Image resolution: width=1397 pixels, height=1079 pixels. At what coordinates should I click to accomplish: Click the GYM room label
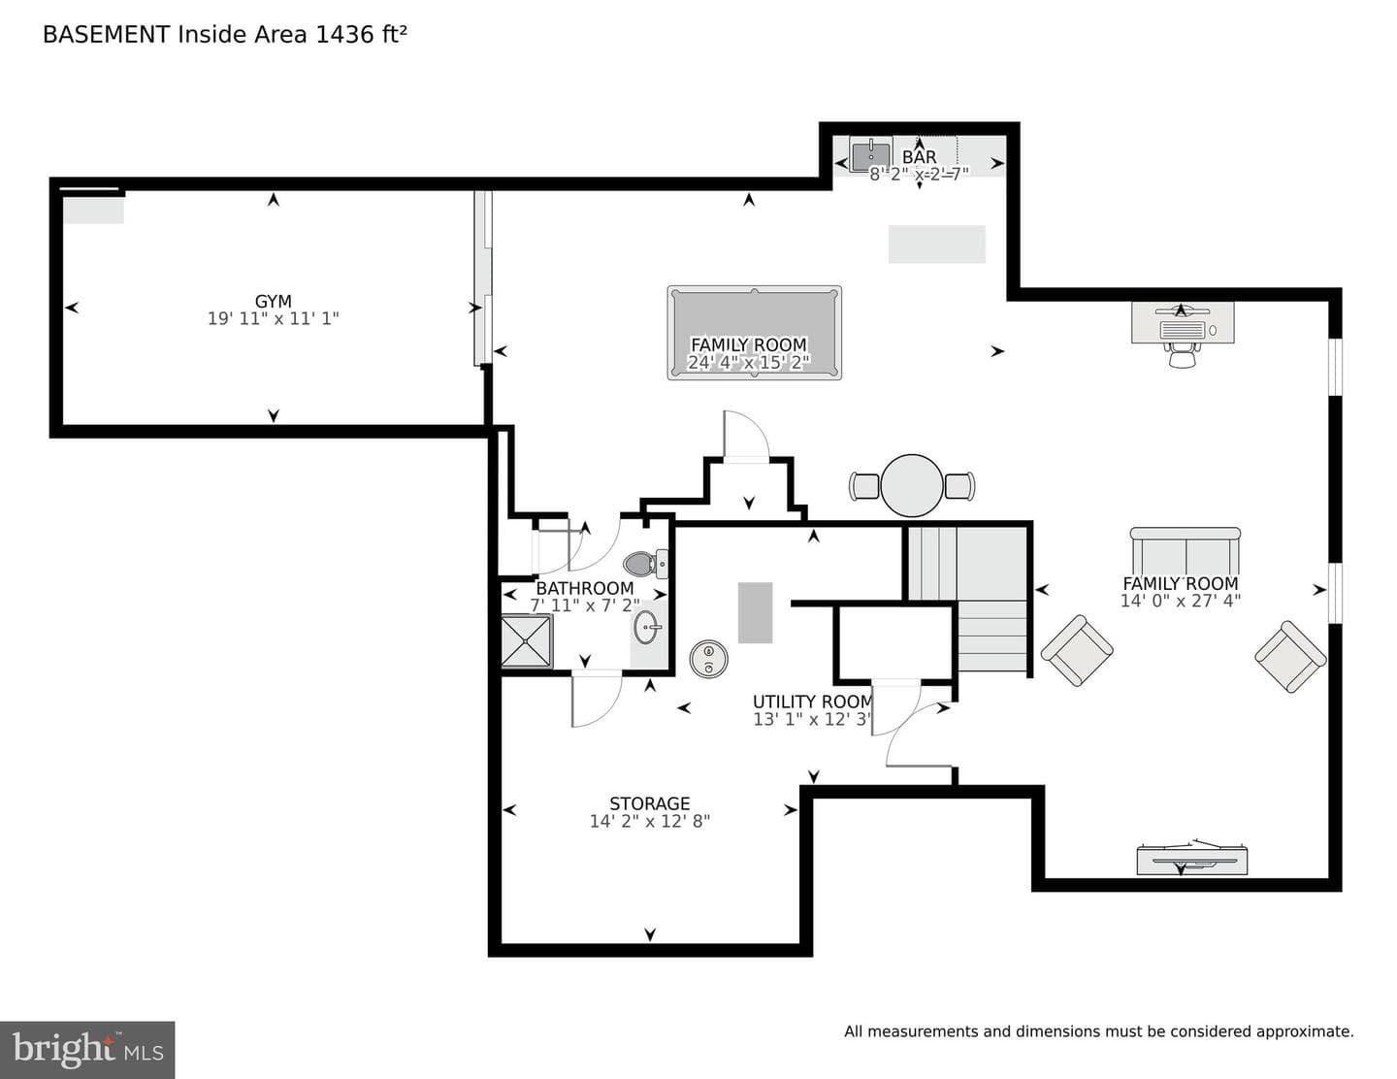click(x=273, y=301)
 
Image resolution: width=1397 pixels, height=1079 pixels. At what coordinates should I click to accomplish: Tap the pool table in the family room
click(x=754, y=333)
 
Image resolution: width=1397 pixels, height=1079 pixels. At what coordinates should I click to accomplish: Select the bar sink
click(x=870, y=154)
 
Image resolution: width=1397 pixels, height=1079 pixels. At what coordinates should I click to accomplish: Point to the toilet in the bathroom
click(x=645, y=564)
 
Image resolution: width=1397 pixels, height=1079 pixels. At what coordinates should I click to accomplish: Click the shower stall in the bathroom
click(x=527, y=641)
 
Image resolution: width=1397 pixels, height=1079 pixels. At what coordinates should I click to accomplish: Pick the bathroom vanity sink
click(x=646, y=626)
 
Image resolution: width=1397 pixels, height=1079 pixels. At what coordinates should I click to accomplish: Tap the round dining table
click(x=912, y=485)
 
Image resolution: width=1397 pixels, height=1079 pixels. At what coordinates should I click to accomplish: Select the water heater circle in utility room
click(x=708, y=659)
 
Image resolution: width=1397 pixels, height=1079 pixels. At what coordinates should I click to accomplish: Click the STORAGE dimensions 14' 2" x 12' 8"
click(x=649, y=821)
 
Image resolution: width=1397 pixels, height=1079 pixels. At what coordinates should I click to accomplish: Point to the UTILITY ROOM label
click(x=812, y=701)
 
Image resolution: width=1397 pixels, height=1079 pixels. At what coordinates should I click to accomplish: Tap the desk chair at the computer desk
click(x=1183, y=354)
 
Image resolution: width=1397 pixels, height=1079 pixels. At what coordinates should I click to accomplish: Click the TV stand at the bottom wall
click(x=1192, y=860)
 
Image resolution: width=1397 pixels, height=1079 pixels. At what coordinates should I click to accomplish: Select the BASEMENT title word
click(x=106, y=34)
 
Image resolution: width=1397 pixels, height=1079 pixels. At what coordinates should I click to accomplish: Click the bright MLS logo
click(x=87, y=1050)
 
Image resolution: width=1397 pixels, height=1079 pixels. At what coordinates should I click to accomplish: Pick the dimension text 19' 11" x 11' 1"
click(x=273, y=318)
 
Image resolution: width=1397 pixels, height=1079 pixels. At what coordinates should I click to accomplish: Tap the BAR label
click(x=920, y=156)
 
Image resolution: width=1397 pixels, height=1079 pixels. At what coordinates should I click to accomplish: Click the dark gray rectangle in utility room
click(x=755, y=612)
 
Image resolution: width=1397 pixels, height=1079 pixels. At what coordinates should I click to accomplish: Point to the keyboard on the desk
click(x=1182, y=330)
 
